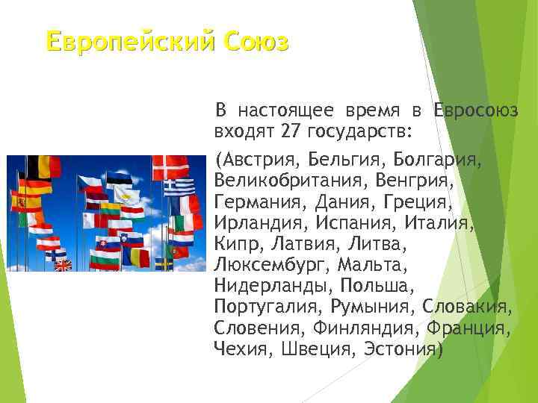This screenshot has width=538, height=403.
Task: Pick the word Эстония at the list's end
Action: [402, 348]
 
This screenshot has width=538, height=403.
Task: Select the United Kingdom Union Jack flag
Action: [63, 264]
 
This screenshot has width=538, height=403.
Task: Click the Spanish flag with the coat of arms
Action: [19, 201]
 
